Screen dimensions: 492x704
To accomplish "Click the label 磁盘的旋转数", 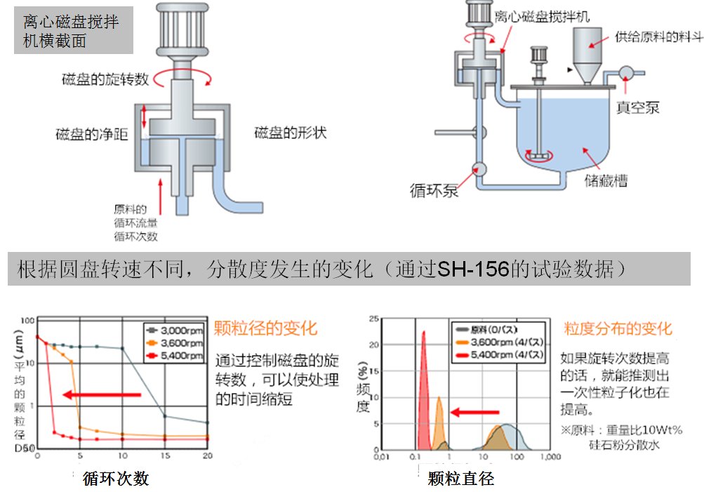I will tap(105, 79).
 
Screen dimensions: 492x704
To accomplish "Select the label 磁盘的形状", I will tap(290, 133).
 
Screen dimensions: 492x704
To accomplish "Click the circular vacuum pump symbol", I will tap(625, 72).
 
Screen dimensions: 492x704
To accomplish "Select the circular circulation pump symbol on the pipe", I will tap(479, 169).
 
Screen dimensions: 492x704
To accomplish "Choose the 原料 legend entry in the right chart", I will tap(498, 329).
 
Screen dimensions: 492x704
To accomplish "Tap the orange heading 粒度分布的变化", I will tap(618, 328).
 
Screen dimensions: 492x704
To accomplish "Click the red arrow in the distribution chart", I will tap(474, 412).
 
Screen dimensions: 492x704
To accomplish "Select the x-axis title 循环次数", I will tap(116, 479).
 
